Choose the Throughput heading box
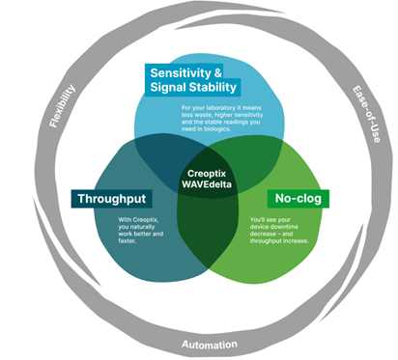point(112,198)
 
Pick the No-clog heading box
point(297,198)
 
